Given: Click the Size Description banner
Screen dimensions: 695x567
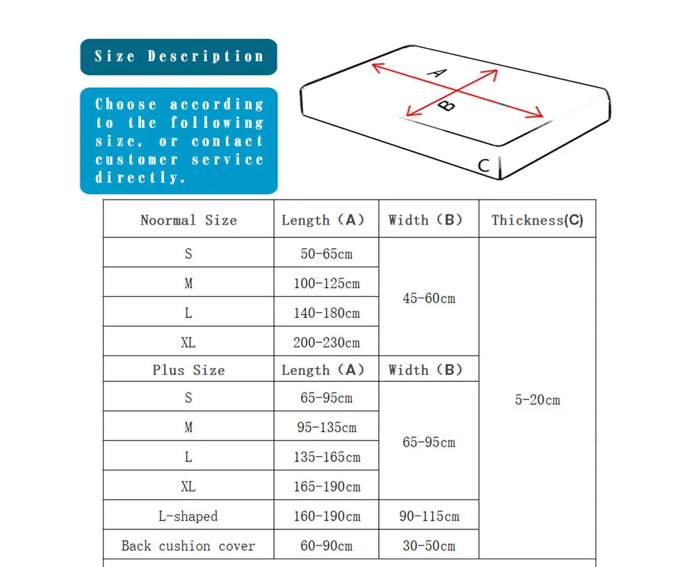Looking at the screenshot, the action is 179,57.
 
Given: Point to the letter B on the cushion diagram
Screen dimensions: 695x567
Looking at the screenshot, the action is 448,106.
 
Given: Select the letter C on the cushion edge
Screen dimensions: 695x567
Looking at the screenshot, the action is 484,166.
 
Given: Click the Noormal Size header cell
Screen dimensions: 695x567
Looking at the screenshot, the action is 188,220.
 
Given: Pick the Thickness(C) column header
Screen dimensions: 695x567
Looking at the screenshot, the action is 537,220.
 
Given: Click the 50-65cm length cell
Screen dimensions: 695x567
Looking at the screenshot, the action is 326,254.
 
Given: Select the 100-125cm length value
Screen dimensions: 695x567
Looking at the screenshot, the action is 326,283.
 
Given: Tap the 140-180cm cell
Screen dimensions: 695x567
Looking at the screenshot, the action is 326,313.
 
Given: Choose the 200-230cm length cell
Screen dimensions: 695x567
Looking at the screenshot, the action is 326,342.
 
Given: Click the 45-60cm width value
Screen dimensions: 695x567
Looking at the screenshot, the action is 429,298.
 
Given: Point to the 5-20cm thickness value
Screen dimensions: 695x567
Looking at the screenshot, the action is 537,400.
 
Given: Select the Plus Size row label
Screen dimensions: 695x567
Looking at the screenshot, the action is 188,370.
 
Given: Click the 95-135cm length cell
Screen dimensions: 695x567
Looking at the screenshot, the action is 326,427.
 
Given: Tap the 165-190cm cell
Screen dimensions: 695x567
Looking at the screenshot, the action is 326,486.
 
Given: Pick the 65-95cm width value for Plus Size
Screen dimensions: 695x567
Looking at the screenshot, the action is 429,442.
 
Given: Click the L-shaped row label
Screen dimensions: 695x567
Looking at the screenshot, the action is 188,516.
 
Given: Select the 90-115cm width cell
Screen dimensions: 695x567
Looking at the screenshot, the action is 429,516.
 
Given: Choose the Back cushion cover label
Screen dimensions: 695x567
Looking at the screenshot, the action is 188,545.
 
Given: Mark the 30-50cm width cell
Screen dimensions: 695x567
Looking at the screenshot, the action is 429,545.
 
